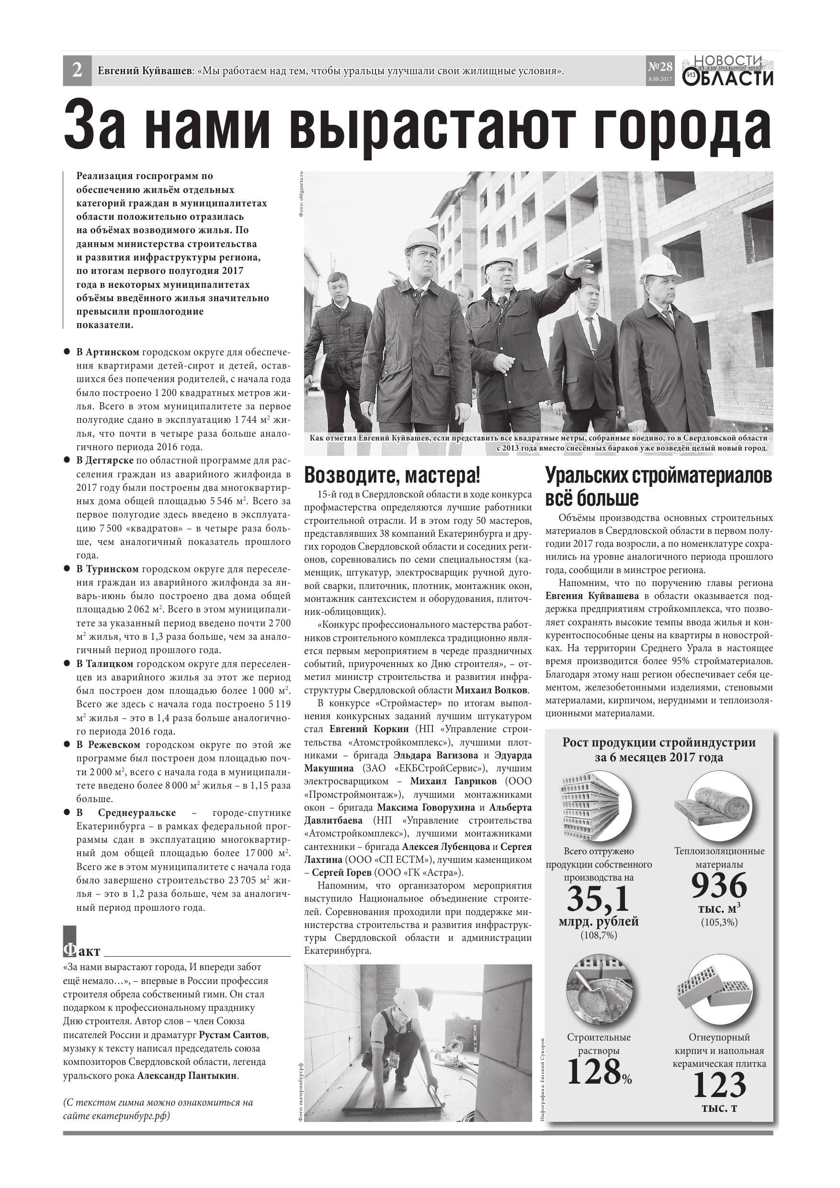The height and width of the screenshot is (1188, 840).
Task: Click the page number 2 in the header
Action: [x=77, y=70]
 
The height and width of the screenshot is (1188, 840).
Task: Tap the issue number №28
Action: [x=660, y=67]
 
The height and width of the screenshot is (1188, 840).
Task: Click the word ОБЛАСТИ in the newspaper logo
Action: [x=736, y=79]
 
